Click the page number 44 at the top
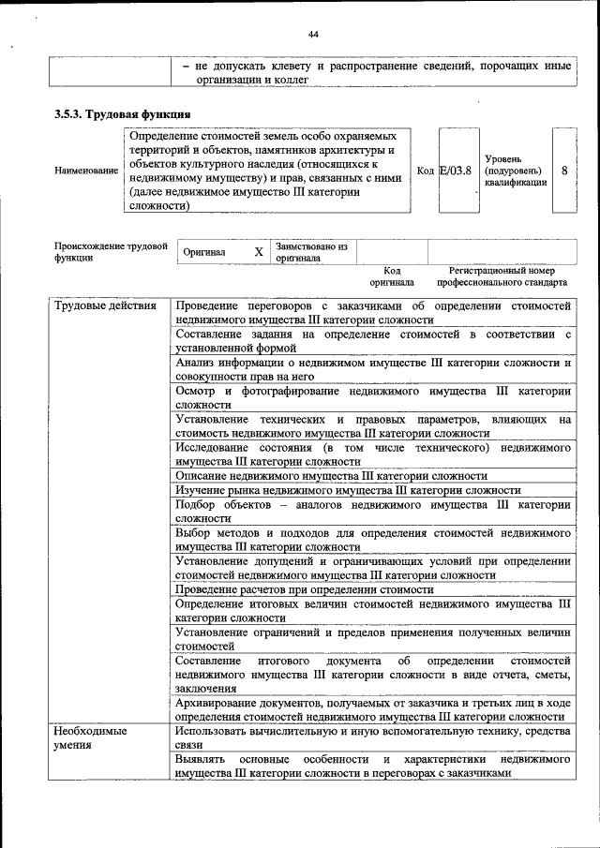(314, 35)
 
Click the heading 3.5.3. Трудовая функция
(123, 114)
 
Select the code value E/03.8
(456, 171)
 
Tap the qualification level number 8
(564, 171)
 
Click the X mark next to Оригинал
(259, 252)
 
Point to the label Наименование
(86, 171)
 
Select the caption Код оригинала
(392, 275)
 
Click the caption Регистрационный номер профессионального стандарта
(495, 275)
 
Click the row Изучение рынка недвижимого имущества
(347, 489)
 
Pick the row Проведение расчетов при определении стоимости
(305, 590)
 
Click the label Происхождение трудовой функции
(111, 252)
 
